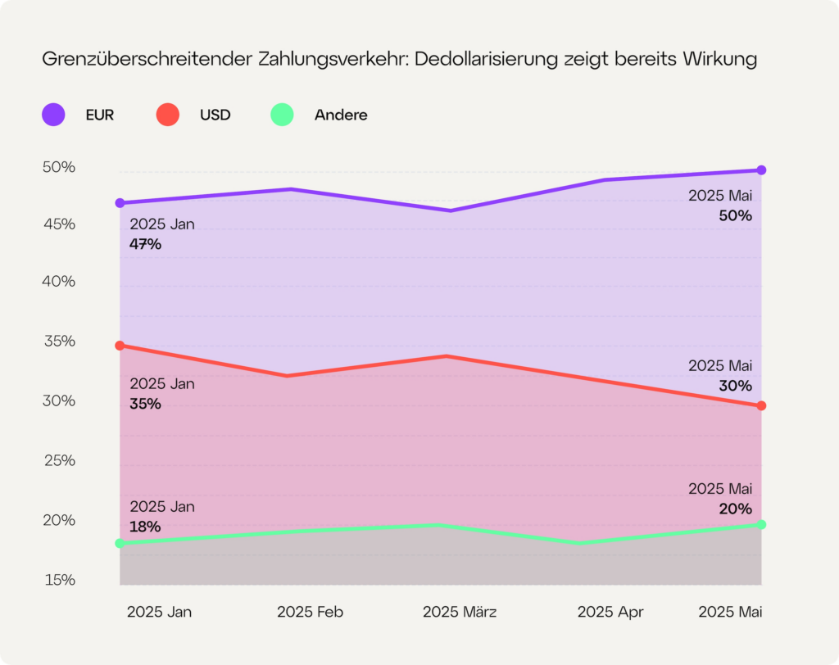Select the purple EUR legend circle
[54, 115]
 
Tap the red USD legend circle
[167, 115]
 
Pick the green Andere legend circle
[283, 115]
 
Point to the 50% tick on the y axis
[59, 167]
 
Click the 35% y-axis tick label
[59, 341]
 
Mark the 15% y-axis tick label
[59, 580]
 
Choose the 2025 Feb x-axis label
[310, 612]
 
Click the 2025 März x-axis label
[460, 612]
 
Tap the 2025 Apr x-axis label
[610, 612]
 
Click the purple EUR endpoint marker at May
[761, 170]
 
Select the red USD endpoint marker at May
[761, 405]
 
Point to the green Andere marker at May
[761, 524]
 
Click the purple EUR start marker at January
[120, 202]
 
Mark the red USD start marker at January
[120, 346]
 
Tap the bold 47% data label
[145, 244]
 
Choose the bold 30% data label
[736, 386]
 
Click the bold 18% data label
[145, 527]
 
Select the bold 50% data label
[736, 216]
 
